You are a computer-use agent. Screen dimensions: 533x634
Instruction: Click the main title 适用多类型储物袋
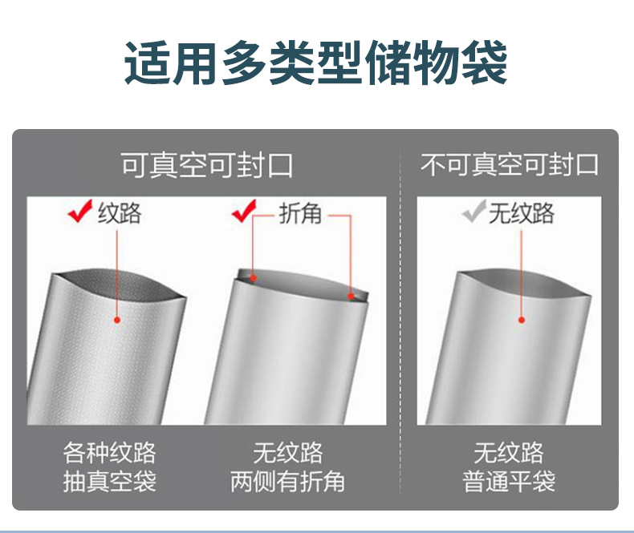click(316, 63)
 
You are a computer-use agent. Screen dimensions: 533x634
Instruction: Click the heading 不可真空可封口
click(510, 165)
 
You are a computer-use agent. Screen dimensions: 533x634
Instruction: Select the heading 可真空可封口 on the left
click(207, 165)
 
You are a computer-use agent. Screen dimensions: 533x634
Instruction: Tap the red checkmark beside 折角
click(244, 213)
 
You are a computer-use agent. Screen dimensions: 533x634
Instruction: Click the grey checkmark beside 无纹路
click(474, 213)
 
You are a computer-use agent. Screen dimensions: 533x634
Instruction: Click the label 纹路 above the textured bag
click(120, 214)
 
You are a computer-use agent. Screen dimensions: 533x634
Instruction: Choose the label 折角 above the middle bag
click(300, 214)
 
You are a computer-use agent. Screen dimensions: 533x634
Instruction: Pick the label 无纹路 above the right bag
click(522, 214)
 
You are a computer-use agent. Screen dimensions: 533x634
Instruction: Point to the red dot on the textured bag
click(117, 319)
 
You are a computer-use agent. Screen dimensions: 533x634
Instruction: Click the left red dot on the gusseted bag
click(254, 279)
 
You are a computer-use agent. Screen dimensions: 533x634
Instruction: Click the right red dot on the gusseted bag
click(351, 297)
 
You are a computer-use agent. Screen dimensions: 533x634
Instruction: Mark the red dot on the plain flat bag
click(522, 321)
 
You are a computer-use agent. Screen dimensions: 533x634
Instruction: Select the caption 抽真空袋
click(109, 481)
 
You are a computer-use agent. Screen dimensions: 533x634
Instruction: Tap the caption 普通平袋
click(509, 481)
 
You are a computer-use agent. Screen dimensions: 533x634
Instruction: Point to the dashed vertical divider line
click(400, 321)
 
